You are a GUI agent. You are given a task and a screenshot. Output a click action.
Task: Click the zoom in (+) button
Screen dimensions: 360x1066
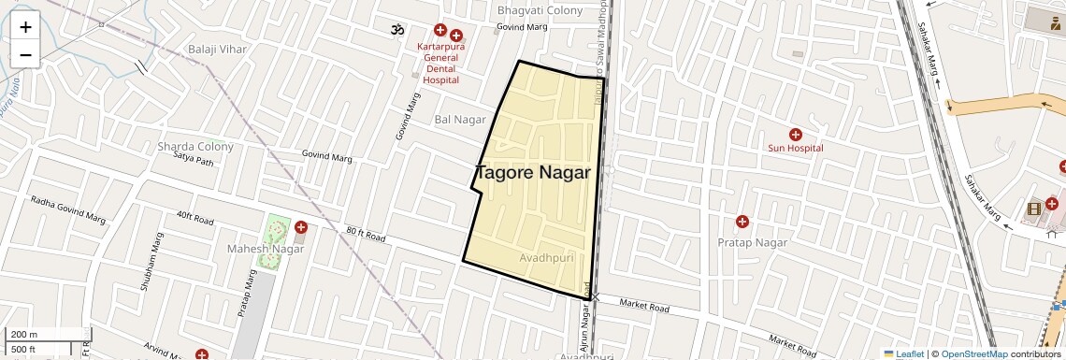pyautogui.click(x=25, y=27)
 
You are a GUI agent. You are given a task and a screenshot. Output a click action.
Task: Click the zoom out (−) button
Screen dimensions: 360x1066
pyautogui.click(x=25, y=55)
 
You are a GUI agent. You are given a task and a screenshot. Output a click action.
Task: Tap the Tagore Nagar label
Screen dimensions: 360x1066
pyautogui.click(x=533, y=173)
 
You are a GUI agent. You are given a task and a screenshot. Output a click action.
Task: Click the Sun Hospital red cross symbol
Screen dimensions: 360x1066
pyautogui.click(x=795, y=135)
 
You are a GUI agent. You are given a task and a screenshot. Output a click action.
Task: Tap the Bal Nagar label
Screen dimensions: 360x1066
pyautogui.click(x=460, y=120)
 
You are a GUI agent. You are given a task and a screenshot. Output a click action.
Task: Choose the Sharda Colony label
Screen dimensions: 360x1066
pyautogui.click(x=195, y=147)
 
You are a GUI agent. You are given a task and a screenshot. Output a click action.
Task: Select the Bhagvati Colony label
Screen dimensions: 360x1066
pyautogui.click(x=540, y=10)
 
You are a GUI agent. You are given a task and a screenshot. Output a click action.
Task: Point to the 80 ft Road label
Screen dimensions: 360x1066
pyautogui.click(x=366, y=235)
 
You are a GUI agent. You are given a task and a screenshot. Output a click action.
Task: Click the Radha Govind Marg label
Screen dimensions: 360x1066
pyautogui.click(x=67, y=209)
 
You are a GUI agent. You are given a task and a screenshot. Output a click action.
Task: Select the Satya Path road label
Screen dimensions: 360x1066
pyautogui.click(x=194, y=161)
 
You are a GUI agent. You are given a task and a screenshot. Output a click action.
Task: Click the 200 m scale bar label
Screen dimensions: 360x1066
pyautogui.click(x=26, y=335)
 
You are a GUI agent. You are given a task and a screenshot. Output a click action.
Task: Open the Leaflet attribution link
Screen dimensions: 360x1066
pyautogui.click(x=903, y=354)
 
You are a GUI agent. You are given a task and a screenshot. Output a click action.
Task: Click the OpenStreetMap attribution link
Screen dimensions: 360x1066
pyautogui.click(x=973, y=354)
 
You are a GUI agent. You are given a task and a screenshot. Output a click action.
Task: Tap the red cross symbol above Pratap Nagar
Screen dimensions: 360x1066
pyautogui.click(x=742, y=222)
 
